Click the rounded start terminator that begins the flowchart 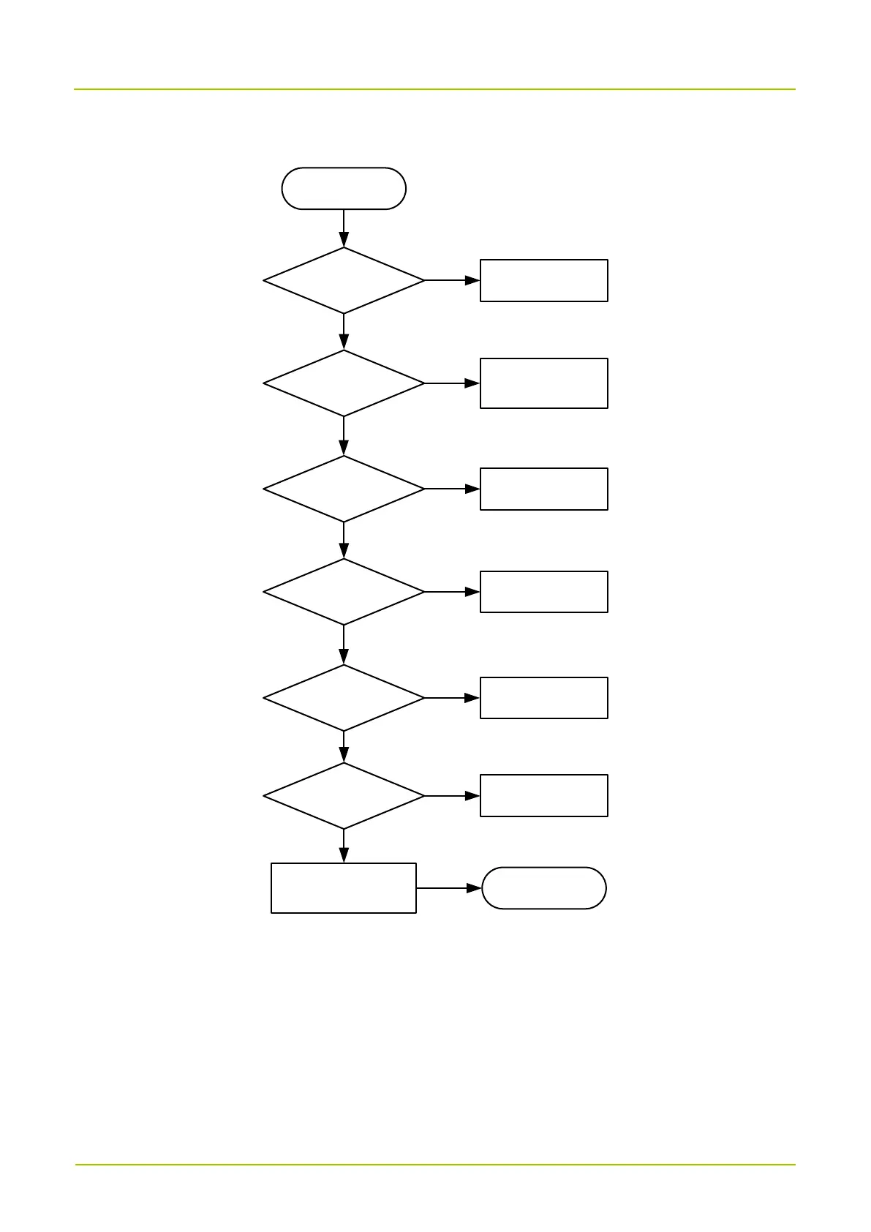click(344, 189)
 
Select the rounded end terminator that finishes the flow click(544, 888)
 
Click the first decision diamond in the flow click(344, 280)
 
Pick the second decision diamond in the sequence click(344, 383)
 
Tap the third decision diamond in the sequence click(344, 489)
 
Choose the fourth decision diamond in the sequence click(344, 592)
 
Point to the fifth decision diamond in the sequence click(344, 698)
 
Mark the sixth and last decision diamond click(344, 796)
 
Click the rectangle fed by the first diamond click(543, 280)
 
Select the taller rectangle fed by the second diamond click(543, 383)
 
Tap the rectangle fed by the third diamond click(543, 489)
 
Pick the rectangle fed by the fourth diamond click(543, 592)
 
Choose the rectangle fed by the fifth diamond click(543, 698)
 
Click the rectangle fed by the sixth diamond click(543, 795)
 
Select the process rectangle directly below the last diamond click(344, 888)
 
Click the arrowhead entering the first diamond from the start click(344, 240)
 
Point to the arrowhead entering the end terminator click(475, 888)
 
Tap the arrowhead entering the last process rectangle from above click(344, 856)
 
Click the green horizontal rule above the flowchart click(434, 89)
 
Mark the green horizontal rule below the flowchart click(434, 1165)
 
